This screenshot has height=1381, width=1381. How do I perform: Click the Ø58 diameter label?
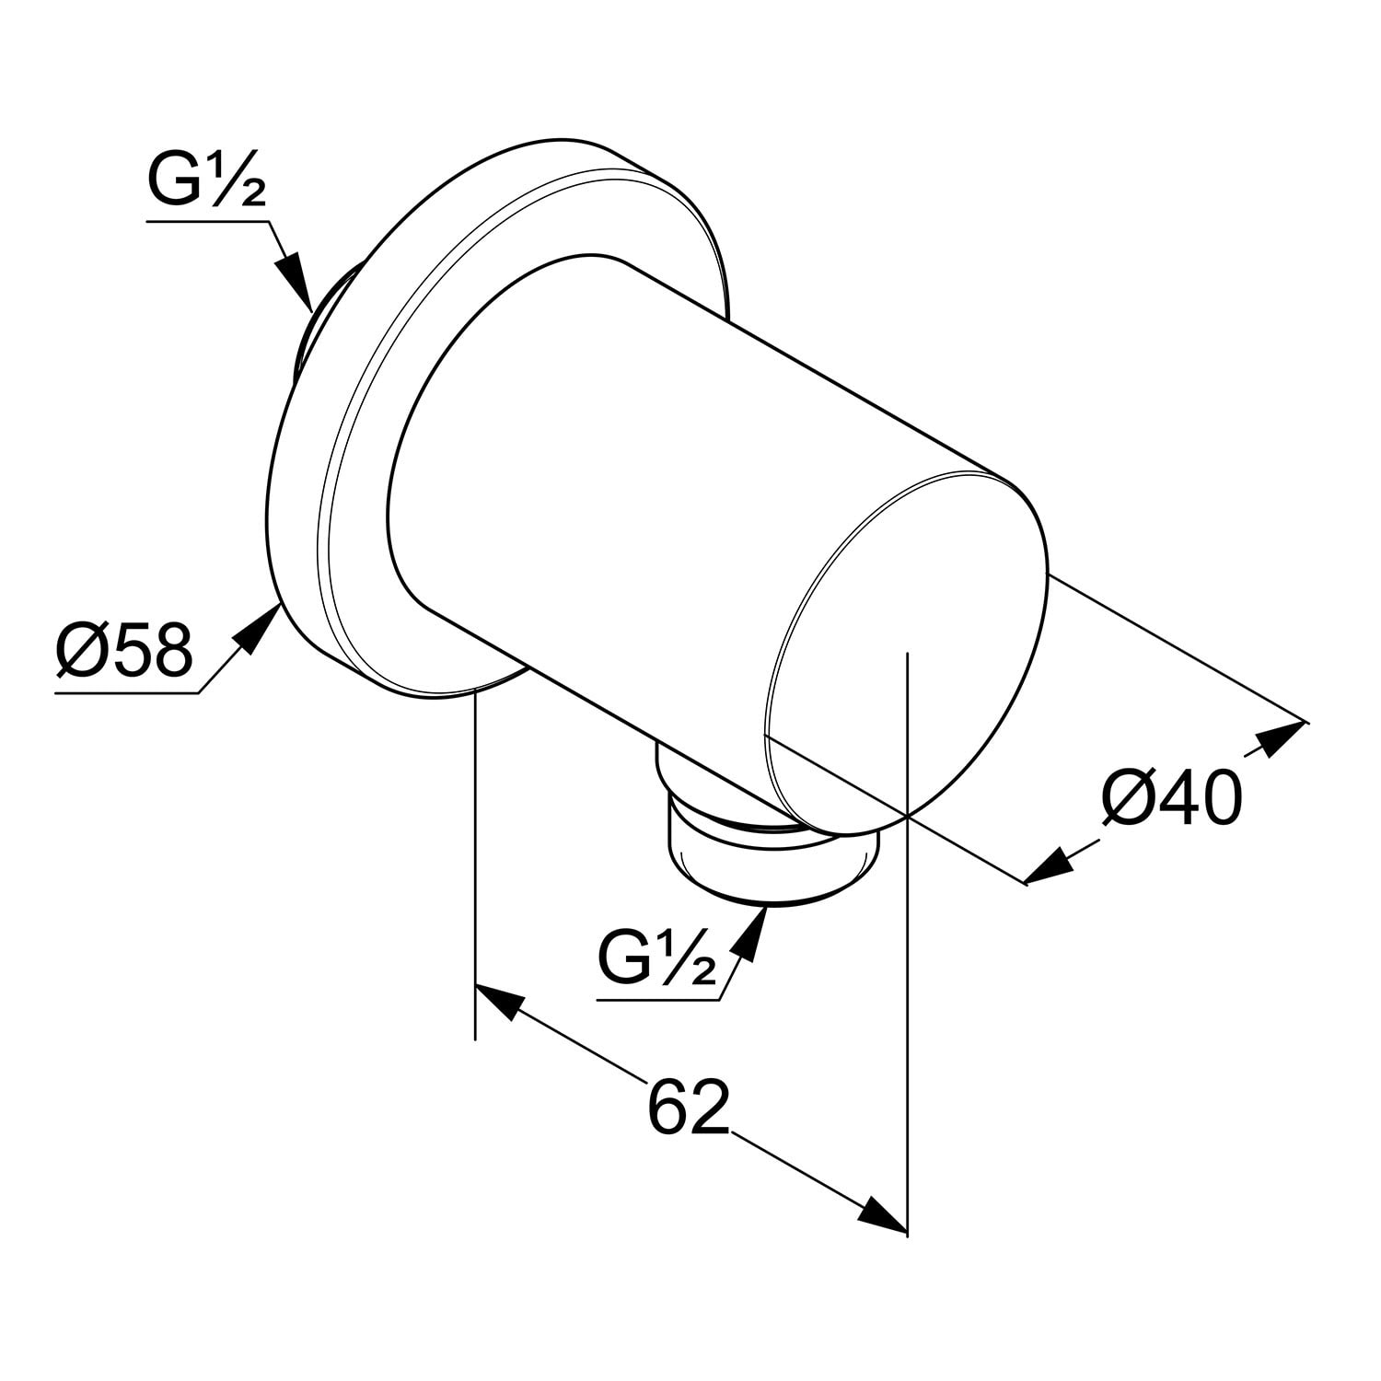[x=124, y=650]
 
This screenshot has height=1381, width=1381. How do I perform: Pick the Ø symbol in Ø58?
[x=80, y=650]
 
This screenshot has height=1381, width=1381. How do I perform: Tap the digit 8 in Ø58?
[x=173, y=650]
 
